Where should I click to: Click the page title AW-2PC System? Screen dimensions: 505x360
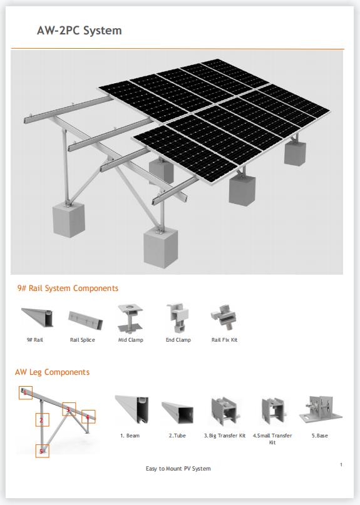coord(79,30)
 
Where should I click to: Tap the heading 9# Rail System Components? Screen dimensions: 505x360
coord(68,288)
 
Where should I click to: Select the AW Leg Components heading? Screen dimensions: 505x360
coord(52,372)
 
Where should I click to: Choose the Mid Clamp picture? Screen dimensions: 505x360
coord(130,318)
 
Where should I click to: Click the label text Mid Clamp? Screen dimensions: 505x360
coord(131,340)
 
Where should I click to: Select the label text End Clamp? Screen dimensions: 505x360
coord(178,340)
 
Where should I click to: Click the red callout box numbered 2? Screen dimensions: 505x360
coord(42,420)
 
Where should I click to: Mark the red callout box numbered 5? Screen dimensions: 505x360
coord(42,451)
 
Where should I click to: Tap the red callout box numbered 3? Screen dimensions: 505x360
coord(69,410)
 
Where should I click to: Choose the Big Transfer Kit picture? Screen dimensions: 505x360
coord(224,411)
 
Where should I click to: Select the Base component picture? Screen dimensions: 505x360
coord(319,411)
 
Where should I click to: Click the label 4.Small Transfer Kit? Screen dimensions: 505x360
coord(272,439)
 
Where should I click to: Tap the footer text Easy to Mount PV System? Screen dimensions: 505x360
coord(178,469)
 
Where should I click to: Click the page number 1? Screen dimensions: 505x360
coord(341,464)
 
